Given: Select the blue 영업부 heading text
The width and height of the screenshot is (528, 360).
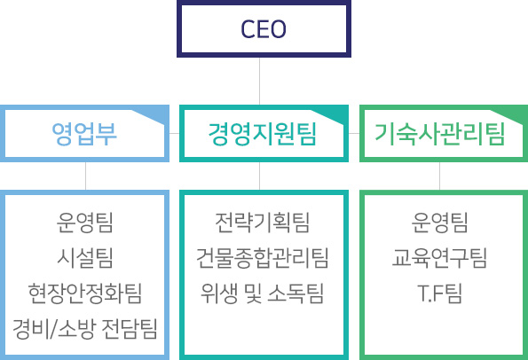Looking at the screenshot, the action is click(84, 134).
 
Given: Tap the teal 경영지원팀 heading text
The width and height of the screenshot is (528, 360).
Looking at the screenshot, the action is click(263, 134).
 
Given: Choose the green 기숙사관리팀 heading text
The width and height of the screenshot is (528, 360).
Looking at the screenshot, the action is click(440, 134).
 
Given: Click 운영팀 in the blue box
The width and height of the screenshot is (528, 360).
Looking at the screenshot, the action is click(85, 223).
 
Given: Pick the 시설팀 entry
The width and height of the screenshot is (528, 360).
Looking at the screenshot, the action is click(85, 258).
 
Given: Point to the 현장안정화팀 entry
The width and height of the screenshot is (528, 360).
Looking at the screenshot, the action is click(85, 293).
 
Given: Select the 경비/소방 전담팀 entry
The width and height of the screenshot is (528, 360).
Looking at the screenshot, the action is click(85, 328).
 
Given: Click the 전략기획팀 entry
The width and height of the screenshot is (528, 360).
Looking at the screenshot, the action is click(263, 223).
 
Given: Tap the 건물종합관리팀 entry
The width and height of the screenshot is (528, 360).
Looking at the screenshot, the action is click(263, 258).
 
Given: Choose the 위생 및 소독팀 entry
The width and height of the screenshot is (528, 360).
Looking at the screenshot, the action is click(263, 293).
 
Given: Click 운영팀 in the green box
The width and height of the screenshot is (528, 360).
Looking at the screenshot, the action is click(440, 223).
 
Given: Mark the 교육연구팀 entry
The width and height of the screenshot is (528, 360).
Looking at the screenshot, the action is click(440, 258).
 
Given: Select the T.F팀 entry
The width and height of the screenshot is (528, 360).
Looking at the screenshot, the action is click(440, 293).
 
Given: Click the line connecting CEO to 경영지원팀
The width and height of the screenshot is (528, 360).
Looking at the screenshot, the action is click(260, 81).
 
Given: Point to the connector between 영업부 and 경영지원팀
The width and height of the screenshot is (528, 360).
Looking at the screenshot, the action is click(175, 133).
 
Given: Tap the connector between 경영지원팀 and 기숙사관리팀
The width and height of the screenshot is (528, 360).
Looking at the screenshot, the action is click(354, 133).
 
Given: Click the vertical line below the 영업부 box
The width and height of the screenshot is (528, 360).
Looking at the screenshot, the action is click(85, 176).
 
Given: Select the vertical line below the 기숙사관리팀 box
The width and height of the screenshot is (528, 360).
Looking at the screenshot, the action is click(440, 176).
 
